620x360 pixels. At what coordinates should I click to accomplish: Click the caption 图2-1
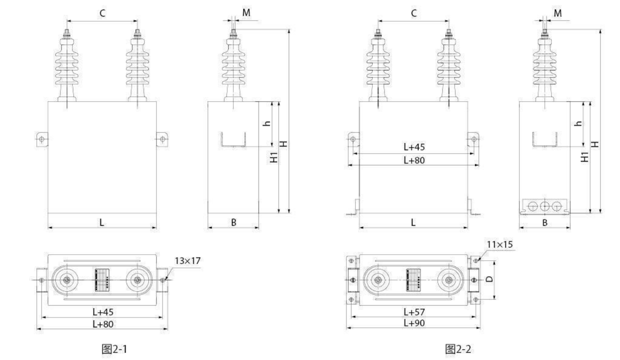pos(114,349)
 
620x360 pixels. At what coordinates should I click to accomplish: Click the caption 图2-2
pos(458,349)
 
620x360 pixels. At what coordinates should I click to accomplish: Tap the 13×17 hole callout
pos(188,261)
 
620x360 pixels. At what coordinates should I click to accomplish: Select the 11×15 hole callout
pos(499,244)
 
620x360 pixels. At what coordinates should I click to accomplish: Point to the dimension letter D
pos(490,279)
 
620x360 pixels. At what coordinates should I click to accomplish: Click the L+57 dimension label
pos(414,312)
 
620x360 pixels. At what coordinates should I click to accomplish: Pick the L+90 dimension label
pos(414,323)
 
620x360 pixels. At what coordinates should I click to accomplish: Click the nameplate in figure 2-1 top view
pos(102,280)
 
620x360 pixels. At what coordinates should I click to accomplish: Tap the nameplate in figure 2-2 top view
pos(413,280)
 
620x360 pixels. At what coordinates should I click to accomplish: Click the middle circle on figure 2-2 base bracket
pos(545,206)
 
